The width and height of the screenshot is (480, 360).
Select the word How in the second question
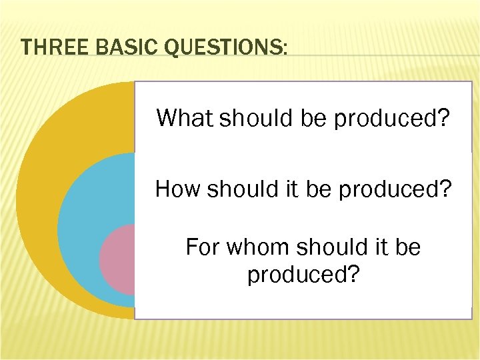[x=178, y=189]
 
